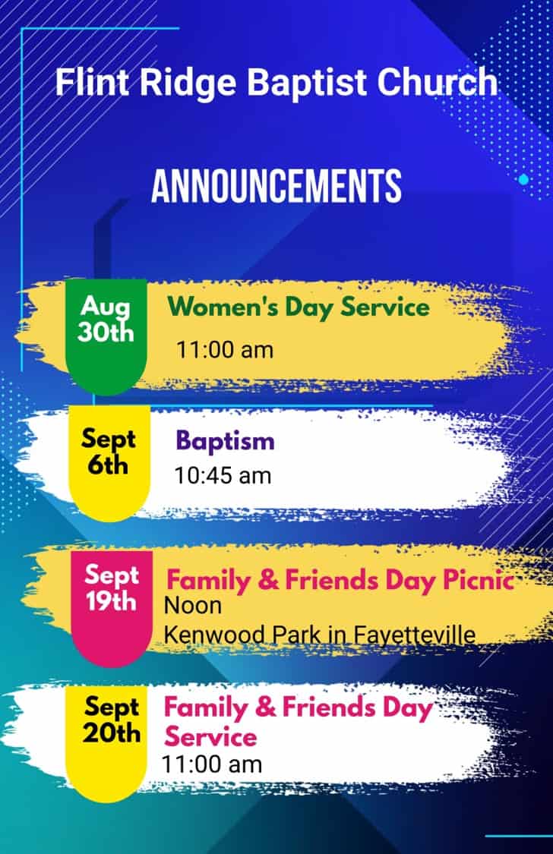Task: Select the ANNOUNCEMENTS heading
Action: coord(276,186)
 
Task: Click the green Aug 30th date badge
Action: coord(106,336)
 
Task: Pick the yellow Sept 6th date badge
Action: coord(109,464)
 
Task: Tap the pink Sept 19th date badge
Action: coord(112,608)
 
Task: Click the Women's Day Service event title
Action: coord(299,307)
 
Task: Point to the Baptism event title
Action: coord(225,441)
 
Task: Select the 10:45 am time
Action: coord(223,476)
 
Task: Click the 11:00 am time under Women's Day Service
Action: coord(225,350)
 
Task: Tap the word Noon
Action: coord(193,606)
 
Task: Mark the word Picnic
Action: coord(478,579)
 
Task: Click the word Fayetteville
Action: coord(414,635)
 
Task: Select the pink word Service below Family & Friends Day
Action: coord(210,737)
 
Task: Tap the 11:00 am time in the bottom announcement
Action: coord(212,764)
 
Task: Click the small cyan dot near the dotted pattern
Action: coord(523,179)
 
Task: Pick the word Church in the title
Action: coord(438,82)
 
